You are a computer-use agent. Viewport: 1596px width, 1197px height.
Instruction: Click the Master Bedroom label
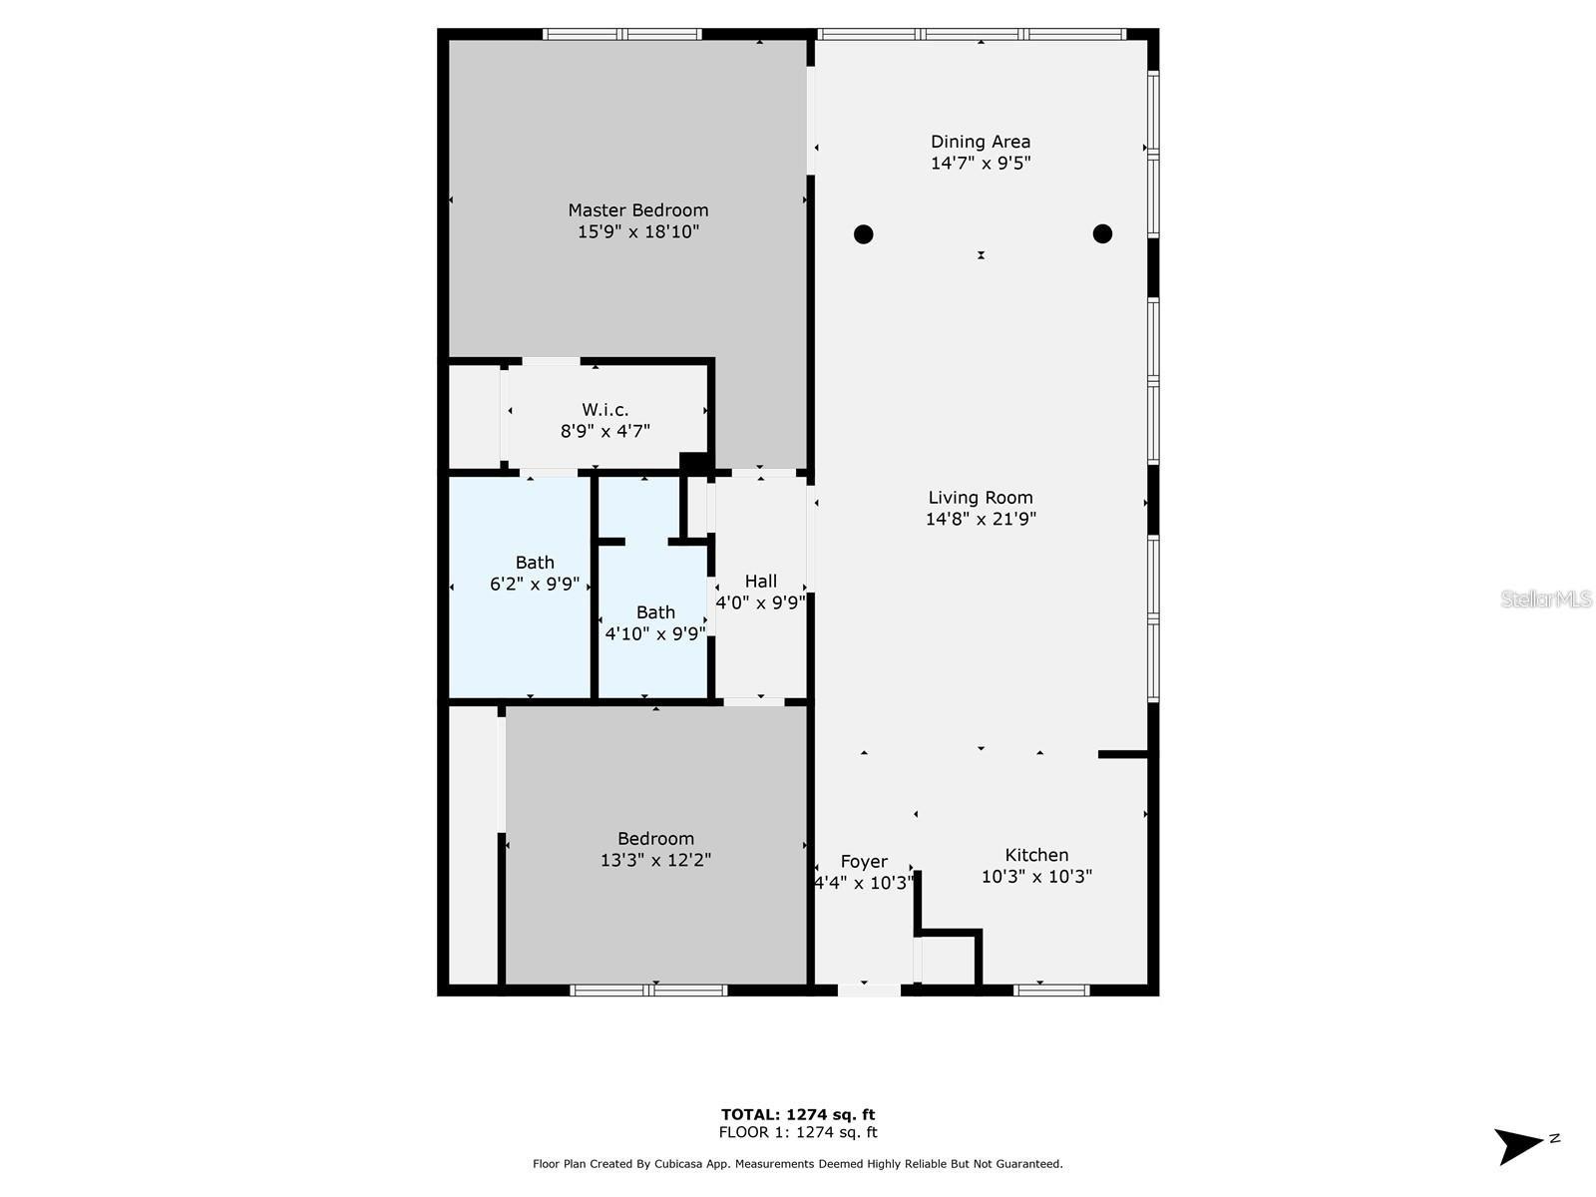(638, 210)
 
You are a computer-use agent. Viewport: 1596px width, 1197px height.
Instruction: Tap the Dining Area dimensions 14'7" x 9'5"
(981, 164)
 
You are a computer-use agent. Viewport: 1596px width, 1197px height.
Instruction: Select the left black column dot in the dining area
(864, 234)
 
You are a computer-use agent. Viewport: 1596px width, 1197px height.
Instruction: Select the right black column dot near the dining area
(1102, 233)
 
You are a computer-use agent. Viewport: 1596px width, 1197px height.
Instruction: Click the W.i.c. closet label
(605, 410)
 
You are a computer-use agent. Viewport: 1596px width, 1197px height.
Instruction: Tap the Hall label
(760, 582)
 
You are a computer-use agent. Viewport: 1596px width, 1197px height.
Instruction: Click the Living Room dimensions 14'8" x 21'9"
(981, 519)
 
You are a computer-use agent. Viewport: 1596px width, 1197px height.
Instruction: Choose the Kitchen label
(1036, 855)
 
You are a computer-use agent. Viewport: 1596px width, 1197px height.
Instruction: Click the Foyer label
(864, 862)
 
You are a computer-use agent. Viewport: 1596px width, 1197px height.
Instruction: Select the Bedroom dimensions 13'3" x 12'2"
(655, 860)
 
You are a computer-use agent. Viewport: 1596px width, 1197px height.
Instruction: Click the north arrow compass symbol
(1520, 1145)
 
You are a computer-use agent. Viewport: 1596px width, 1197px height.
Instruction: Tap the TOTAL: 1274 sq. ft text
(798, 1114)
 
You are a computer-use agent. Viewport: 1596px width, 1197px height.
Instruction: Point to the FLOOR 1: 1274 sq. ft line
(798, 1132)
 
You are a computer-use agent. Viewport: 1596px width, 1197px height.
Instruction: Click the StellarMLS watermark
(1546, 598)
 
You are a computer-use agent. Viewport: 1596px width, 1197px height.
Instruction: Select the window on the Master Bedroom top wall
(622, 34)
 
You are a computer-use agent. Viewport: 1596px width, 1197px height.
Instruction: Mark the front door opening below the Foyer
(869, 991)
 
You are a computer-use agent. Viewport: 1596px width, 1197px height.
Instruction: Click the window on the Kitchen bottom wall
(1051, 991)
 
